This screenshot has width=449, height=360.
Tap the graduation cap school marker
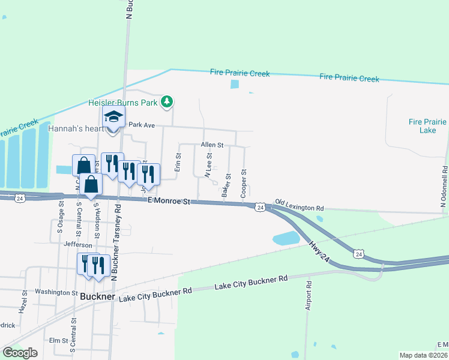point(113,117)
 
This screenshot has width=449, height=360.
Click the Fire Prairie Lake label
point(427,125)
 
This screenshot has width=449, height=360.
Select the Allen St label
point(212,145)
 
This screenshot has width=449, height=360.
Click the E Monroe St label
point(169,202)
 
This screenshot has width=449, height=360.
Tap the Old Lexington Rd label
point(300,206)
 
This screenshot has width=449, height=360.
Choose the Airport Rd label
point(309,295)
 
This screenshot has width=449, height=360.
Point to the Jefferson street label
point(79,245)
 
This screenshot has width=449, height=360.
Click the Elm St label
point(58,340)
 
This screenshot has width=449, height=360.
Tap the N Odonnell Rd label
point(444,187)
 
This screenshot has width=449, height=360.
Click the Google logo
point(20,352)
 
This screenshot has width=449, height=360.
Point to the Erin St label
point(178,163)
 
